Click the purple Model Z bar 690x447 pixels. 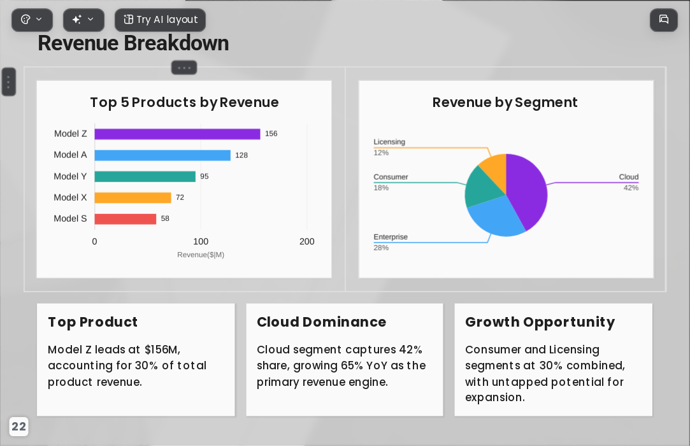click(177, 134)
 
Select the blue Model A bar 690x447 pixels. click(162, 155)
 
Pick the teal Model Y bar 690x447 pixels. click(145, 176)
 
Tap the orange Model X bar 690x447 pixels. click(133, 197)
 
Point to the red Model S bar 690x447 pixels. click(126, 218)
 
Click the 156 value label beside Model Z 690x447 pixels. click(271, 134)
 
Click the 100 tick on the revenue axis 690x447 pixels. click(201, 241)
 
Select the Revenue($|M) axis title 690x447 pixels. click(201, 255)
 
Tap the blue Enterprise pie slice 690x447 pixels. click(495, 216)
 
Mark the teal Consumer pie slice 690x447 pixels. click(482, 187)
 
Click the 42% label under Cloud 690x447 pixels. click(631, 188)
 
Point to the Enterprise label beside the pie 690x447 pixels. click(391, 237)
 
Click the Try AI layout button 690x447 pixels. click(160, 20)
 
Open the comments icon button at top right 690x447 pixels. click(664, 20)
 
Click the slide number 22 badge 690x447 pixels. click(18, 427)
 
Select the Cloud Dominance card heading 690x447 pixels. click(321, 322)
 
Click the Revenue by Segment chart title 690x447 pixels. click(505, 103)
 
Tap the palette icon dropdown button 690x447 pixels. click(32, 20)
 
